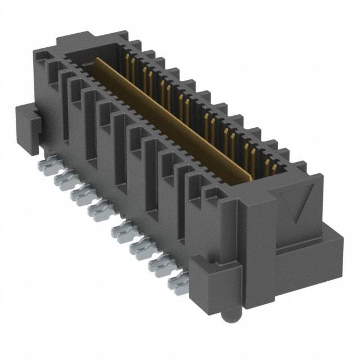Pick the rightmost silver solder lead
pos(179,287)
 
